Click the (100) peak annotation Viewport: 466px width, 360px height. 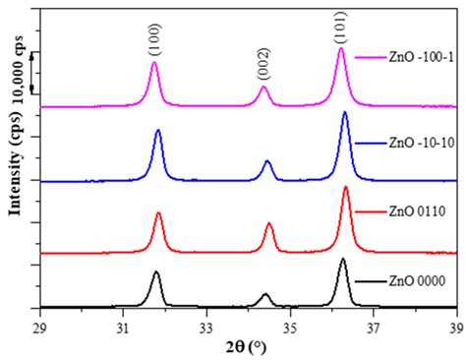coord(154,35)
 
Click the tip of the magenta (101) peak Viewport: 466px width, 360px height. coord(341,48)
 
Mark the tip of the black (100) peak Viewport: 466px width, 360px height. coord(155,272)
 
